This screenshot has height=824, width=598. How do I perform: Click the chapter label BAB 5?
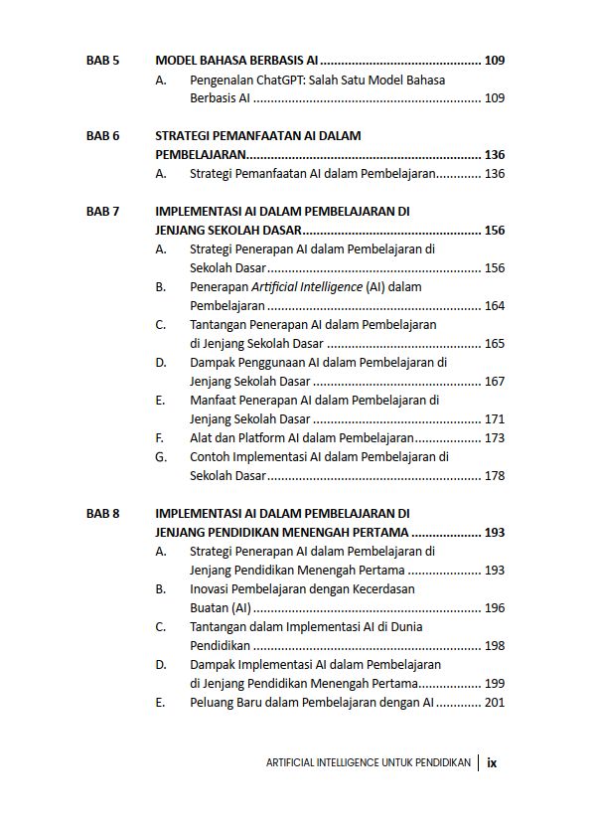click(x=103, y=61)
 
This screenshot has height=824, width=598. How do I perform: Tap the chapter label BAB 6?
click(x=103, y=135)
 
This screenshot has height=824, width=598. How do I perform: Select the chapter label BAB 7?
click(x=103, y=212)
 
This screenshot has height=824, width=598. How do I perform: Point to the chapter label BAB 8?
click(x=103, y=514)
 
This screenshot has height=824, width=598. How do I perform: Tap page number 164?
click(x=494, y=306)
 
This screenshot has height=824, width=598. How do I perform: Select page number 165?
click(x=494, y=344)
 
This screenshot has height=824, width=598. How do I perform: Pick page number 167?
click(x=494, y=382)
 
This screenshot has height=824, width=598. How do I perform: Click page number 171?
click(x=494, y=419)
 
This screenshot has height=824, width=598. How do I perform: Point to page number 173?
click(x=494, y=438)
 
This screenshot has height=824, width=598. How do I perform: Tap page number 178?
click(x=494, y=476)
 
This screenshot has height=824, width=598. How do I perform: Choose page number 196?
click(x=494, y=608)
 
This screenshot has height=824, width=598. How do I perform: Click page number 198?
click(x=494, y=646)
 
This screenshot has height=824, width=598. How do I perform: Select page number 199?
click(x=494, y=684)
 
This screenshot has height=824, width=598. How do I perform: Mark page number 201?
click(x=494, y=703)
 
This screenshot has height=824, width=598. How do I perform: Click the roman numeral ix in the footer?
click(x=493, y=763)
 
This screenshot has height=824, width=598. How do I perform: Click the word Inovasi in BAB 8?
click(x=212, y=589)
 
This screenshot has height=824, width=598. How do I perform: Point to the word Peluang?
click(x=214, y=703)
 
